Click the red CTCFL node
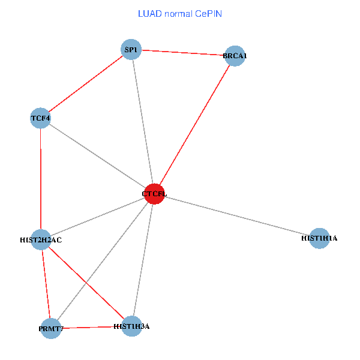coord(154,194)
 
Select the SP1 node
coord(131,50)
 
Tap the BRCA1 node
coord(235,56)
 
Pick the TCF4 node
coord(40,118)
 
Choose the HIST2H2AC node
coord(41,239)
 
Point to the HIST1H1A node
coord(319,238)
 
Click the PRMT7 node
coord(51,329)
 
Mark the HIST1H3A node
coord(131,326)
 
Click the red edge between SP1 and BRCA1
coord(183,53)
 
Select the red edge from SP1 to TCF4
coord(85,84)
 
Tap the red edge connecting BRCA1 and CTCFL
coord(194,125)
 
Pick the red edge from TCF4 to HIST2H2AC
coord(40,179)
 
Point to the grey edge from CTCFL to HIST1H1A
coord(237,216)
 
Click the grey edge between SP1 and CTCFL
coord(142,122)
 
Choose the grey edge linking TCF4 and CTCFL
coord(97,156)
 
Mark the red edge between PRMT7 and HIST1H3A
coord(91,328)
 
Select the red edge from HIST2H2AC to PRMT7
coord(46,284)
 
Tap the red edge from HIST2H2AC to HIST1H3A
coord(86,283)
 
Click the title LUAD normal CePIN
coord(180,13)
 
